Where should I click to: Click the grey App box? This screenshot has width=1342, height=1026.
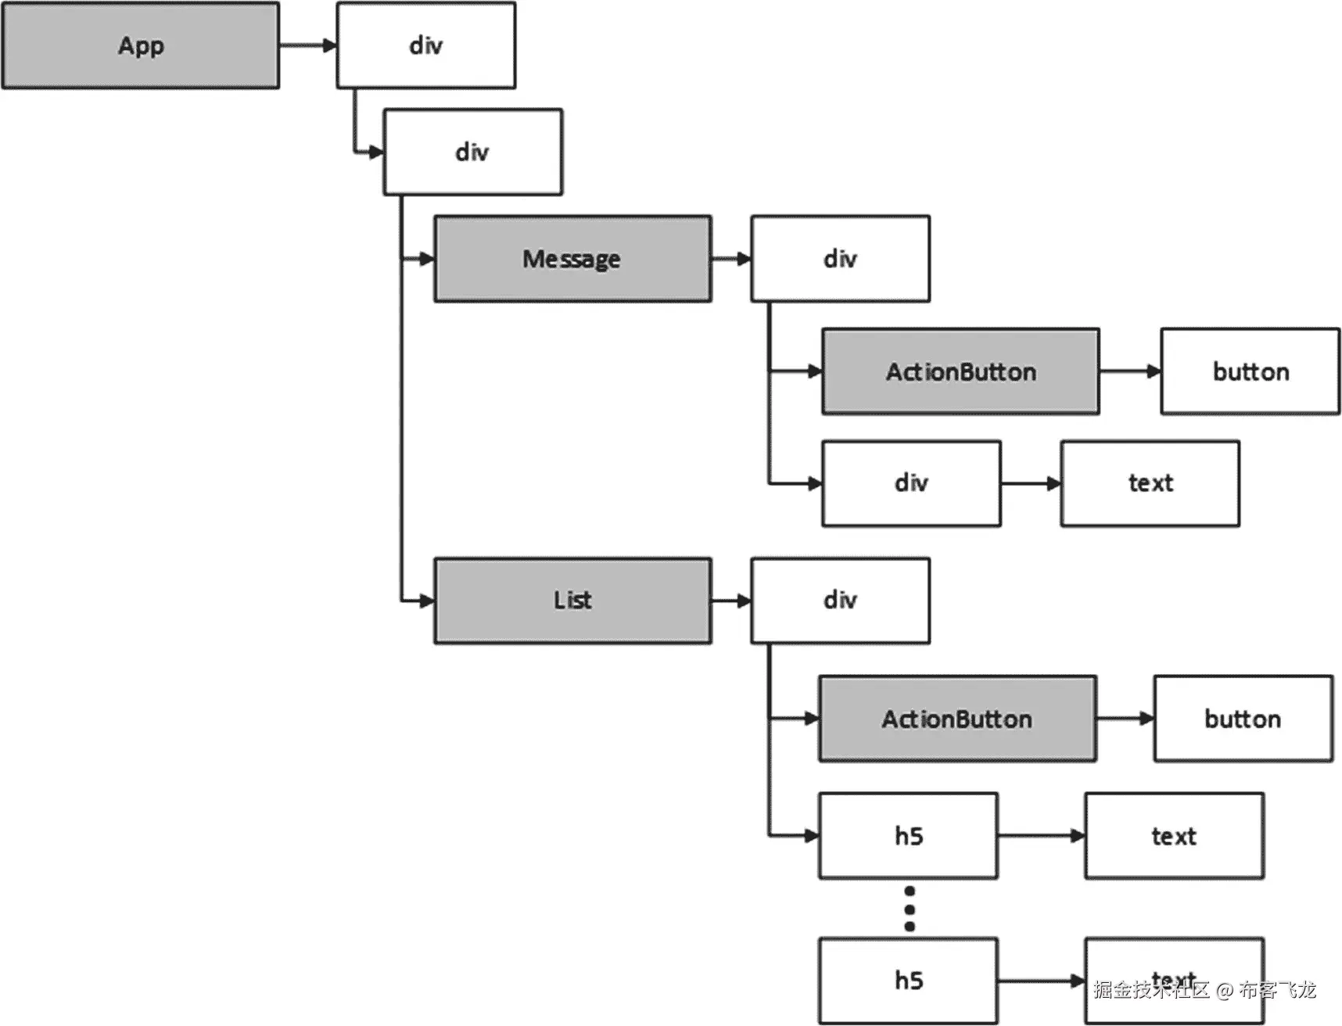pyautogui.click(x=141, y=45)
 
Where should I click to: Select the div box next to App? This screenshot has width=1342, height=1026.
pyautogui.click(x=426, y=45)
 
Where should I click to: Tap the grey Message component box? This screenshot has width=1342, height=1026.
pyautogui.click(x=572, y=259)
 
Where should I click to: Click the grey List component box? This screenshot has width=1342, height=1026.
pyautogui.click(x=572, y=601)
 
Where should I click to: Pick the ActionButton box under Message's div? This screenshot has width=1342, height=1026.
pyautogui.click(x=960, y=371)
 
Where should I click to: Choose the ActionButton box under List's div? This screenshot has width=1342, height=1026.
pyautogui.click(x=957, y=719)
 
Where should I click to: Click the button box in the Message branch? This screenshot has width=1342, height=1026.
pyautogui.click(x=1250, y=371)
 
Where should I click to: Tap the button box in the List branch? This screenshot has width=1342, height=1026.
pyautogui.click(x=1243, y=719)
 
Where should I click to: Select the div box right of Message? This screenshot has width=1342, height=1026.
pyautogui.click(x=840, y=259)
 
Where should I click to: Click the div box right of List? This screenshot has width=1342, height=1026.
pyautogui.click(x=840, y=601)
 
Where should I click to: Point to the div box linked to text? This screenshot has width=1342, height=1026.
pyautogui.click(x=911, y=483)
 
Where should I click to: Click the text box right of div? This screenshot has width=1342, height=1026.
pyautogui.click(x=1150, y=483)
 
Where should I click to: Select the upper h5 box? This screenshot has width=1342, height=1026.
pyautogui.click(x=908, y=836)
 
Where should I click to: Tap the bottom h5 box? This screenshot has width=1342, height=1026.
pyautogui.click(x=908, y=981)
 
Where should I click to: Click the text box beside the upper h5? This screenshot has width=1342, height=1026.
pyautogui.click(x=1173, y=836)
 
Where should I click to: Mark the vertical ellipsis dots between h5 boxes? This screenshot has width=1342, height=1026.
pyautogui.click(x=909, y=909)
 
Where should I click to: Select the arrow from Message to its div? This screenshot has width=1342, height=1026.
pyautogui.click(x=731, y=259)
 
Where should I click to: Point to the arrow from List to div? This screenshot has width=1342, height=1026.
pyautogui.click(x=731, y=601)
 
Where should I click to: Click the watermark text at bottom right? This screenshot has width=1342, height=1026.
pyautogui.click(x=1204, y=990)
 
